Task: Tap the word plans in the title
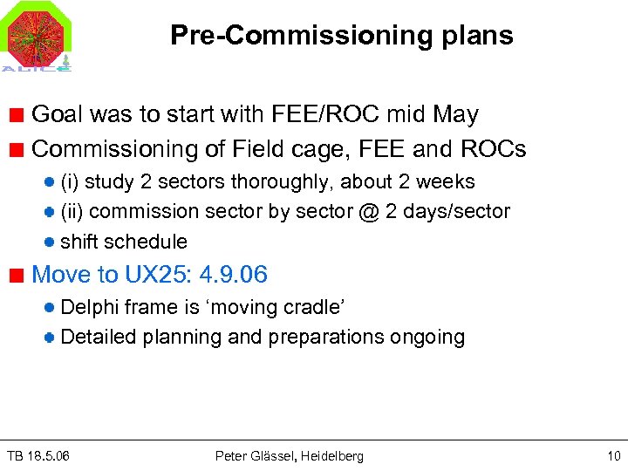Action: click(479, 35)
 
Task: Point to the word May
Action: click(455, 114)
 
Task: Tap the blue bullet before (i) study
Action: click(51, 181)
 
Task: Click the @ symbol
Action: click(369, 211)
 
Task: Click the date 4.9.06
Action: click(233, 275)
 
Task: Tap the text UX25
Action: click(158, 275)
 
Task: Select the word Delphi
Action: click(90, 307)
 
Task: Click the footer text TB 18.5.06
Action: click(38, 456)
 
